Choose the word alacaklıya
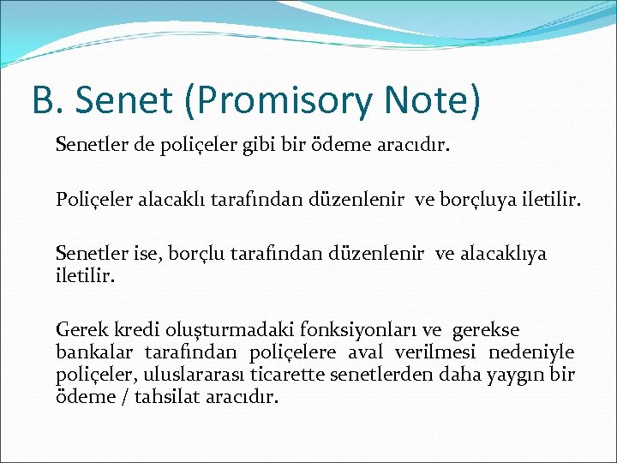click(504, 254)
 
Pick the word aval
click(366, 353)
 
